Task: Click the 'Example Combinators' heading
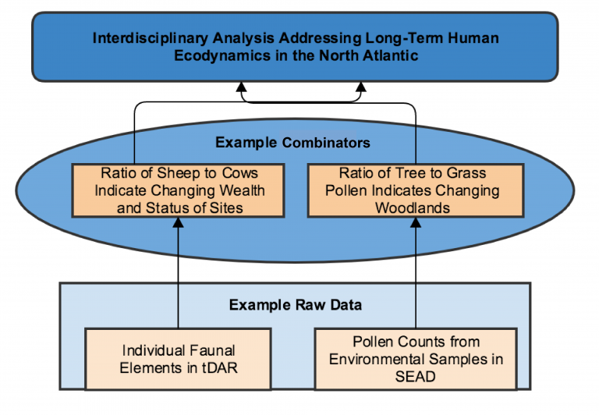292,142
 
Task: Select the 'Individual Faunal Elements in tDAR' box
178,358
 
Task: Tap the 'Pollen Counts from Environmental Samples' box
415,359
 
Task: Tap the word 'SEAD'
415,376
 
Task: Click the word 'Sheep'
169,173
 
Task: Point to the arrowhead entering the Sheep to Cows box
179,223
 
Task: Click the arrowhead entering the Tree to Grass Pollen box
416,223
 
